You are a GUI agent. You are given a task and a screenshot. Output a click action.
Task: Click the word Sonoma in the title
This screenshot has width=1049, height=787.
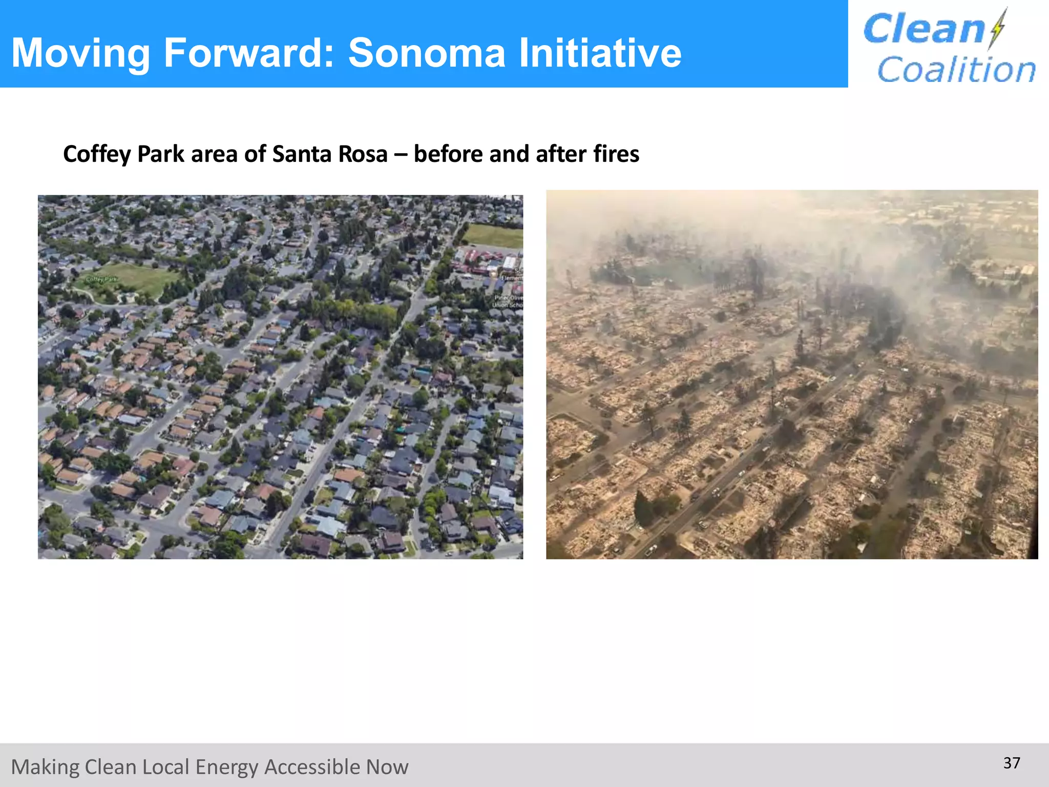pos(427,53)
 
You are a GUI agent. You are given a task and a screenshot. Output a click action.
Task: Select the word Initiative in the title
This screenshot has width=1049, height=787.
pos(600,53)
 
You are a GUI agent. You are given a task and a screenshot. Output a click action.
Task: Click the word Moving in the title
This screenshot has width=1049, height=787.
pos(80,53)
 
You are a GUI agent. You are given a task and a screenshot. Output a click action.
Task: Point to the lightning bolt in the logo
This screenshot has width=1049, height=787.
pos(998,28)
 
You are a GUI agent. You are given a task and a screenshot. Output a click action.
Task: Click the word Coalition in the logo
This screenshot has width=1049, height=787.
pos(956,70)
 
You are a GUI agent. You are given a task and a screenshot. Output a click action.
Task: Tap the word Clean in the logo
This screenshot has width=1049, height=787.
pos(924,29)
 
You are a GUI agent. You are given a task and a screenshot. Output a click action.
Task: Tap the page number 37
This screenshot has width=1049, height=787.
pos(1012,763)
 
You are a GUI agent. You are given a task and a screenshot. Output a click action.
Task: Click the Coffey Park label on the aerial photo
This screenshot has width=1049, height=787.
pos(102,279)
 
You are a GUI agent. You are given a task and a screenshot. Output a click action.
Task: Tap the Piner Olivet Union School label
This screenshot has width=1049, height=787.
pos(508,301)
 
